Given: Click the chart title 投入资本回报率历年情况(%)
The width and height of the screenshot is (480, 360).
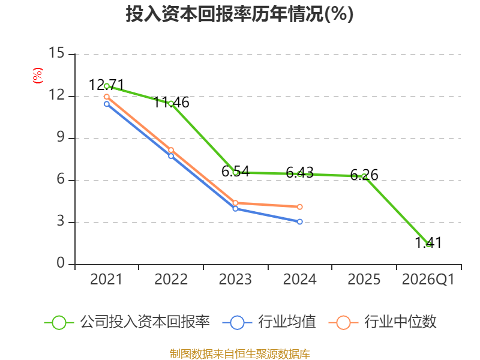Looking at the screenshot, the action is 239,14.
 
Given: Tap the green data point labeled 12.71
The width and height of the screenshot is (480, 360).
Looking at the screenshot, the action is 107,86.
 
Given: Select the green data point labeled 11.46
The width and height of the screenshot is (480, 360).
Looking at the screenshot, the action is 171,104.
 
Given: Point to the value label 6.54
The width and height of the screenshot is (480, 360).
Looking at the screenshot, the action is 235,172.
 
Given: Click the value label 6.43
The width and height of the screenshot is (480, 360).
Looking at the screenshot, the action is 299,173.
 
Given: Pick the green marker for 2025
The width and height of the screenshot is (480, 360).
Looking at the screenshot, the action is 364,176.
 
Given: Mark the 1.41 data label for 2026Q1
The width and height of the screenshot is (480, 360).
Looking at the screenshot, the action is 428,243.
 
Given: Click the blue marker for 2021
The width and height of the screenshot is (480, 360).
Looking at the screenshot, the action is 107,104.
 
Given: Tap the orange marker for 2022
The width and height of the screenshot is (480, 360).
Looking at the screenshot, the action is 171,150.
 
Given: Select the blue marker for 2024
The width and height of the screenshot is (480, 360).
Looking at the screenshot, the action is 299,221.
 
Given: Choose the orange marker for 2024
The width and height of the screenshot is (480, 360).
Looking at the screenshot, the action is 299,207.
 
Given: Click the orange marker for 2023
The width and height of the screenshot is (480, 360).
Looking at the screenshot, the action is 235,203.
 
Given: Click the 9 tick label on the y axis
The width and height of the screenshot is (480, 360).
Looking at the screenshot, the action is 61,137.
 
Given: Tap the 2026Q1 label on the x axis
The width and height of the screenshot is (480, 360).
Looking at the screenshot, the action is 428,279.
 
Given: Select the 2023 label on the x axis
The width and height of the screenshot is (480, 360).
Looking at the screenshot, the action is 235,279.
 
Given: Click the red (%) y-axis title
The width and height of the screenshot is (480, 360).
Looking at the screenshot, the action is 38,76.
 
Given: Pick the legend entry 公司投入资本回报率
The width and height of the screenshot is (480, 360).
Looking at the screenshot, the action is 127,322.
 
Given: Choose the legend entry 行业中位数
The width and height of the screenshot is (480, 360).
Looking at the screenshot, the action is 382,322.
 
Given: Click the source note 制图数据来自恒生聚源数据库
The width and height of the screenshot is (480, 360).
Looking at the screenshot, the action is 240,354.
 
